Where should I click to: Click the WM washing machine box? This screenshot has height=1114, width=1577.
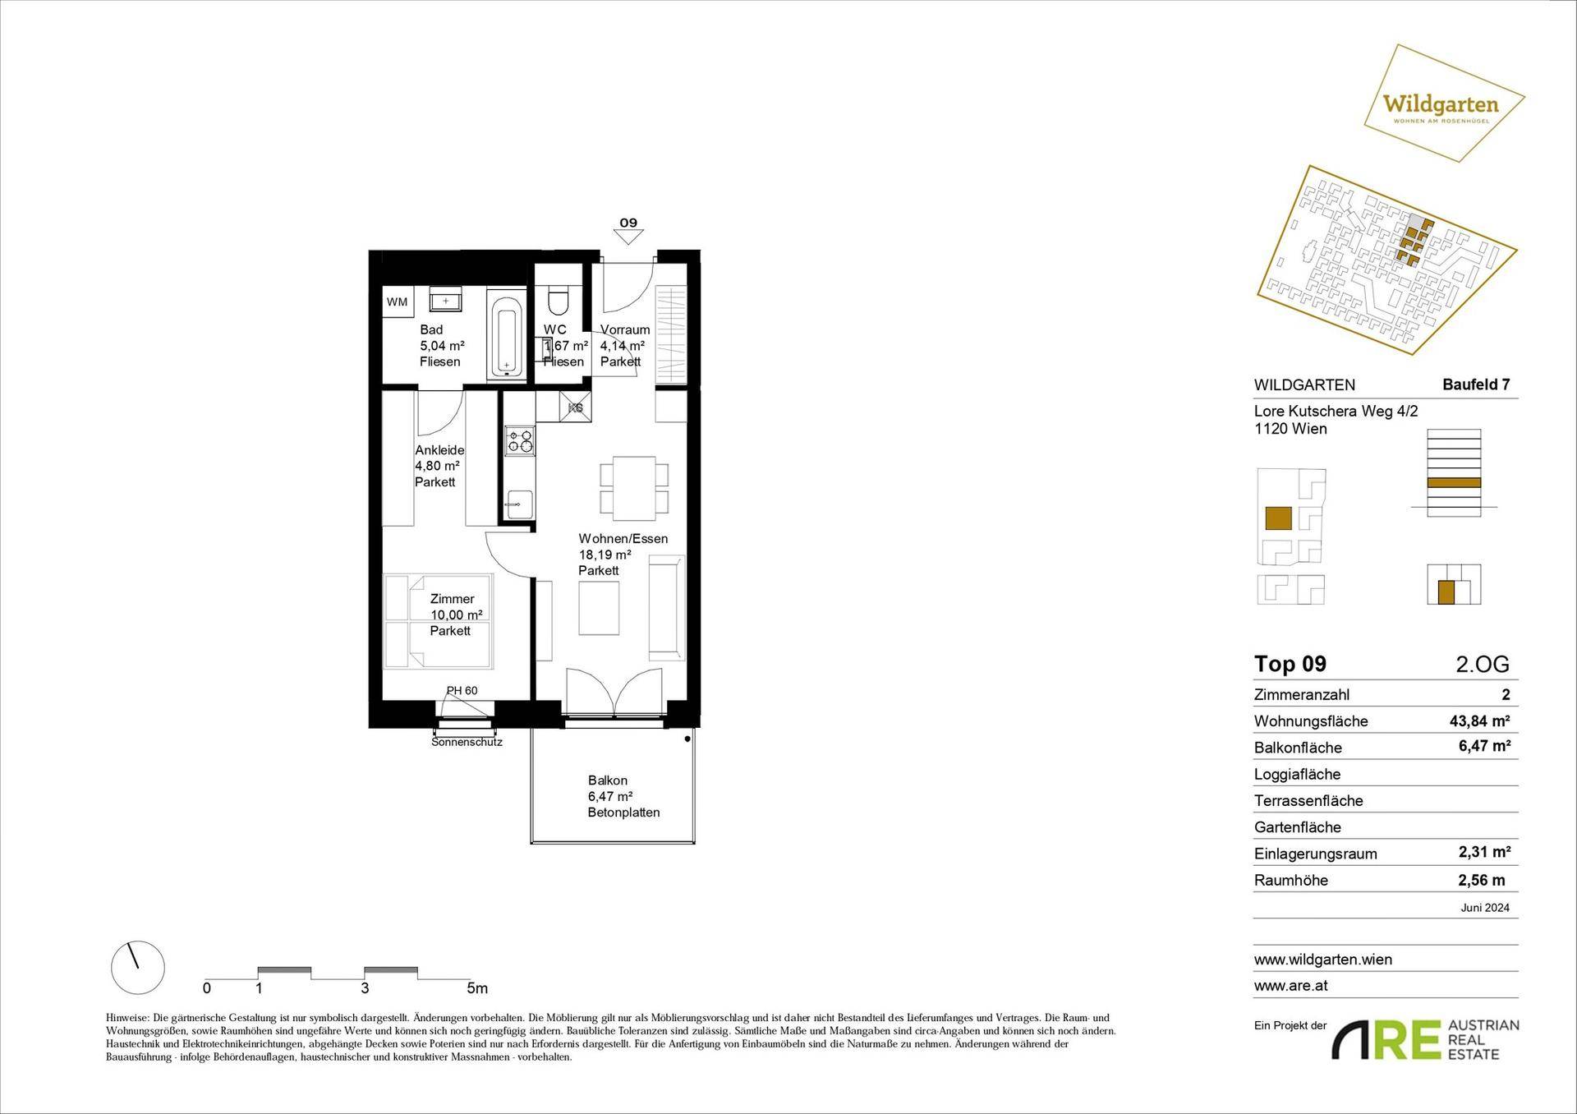coord(398,302)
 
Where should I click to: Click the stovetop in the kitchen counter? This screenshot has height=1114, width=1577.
coord(519,442)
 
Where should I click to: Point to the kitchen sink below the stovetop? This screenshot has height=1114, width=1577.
coord(519,504)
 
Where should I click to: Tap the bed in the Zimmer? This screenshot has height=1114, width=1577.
coord(439,621)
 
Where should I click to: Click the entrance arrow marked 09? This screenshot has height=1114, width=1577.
coord(628,236)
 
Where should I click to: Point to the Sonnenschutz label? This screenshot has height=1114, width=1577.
coord(467,742)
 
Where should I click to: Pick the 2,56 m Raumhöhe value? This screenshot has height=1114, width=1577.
coord(1483,880)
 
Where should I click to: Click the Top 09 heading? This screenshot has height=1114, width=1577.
coord(1290,664)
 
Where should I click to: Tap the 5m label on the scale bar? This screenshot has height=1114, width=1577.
coord(477,987)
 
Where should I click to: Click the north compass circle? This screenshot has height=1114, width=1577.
coord(138,968)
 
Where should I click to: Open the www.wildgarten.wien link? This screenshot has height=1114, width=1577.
coord(1323,960)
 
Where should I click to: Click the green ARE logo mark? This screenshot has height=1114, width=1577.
coord(1386,1041)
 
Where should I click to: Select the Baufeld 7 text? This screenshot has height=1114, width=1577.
coord(1476,384)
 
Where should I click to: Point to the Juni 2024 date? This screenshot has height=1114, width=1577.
coord(1485,908)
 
